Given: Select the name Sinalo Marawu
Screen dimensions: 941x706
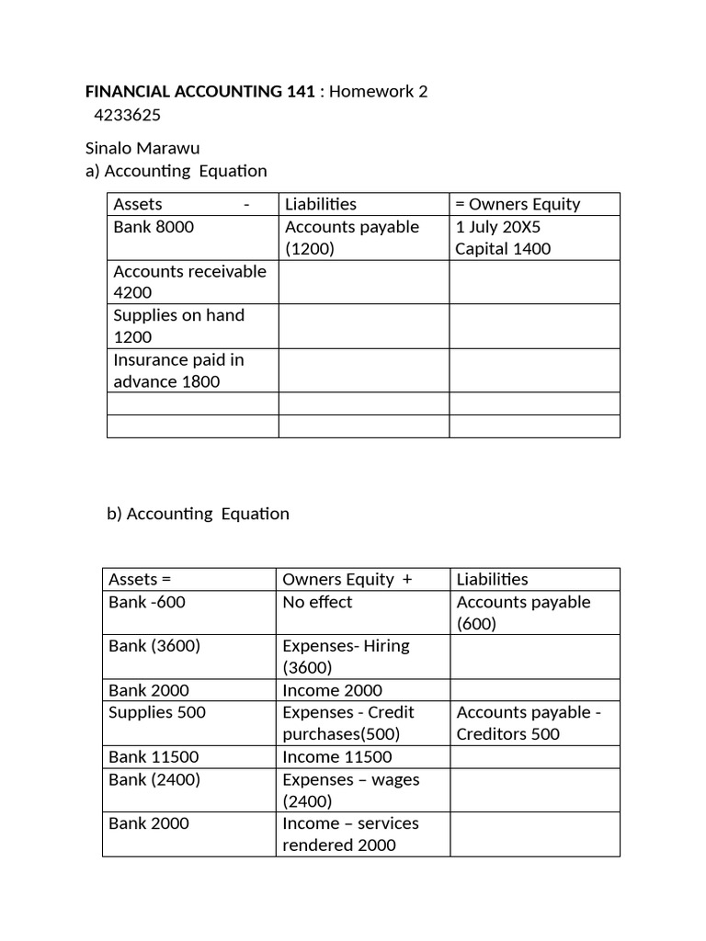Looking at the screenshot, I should click(x=142, y=148).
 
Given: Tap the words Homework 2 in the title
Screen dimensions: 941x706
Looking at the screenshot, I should click(x=379, y=91).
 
